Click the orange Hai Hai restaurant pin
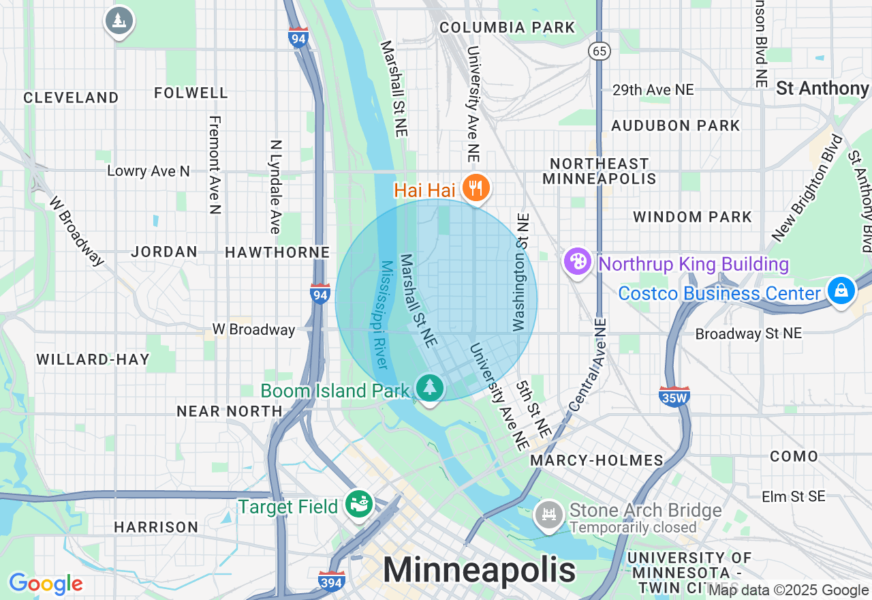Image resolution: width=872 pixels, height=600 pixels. [476, 187]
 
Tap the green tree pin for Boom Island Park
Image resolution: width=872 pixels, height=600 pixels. [429, 389]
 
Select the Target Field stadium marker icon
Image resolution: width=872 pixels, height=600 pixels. [360, 505]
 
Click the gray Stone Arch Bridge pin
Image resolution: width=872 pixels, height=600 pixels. [548, 513]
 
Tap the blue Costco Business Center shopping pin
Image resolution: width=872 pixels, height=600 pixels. [841, 291]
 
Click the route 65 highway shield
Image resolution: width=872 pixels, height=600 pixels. [599, 51]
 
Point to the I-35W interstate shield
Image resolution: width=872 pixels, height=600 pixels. [674, 396]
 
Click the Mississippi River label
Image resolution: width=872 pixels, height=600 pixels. [386, 314]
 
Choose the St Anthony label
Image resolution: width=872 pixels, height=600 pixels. [822, 89]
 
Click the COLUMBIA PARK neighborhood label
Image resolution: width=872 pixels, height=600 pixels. [508, 28]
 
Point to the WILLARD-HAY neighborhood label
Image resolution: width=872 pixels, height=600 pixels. [93, 359]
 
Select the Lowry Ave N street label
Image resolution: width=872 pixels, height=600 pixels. [149, 171]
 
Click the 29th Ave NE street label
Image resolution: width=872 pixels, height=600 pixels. [653, 90]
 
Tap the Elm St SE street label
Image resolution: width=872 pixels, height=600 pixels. [793, 496]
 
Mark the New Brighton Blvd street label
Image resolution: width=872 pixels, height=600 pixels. [807, 187]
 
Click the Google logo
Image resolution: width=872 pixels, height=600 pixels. [46, 584]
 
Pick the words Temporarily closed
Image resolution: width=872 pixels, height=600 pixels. [633, 528]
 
